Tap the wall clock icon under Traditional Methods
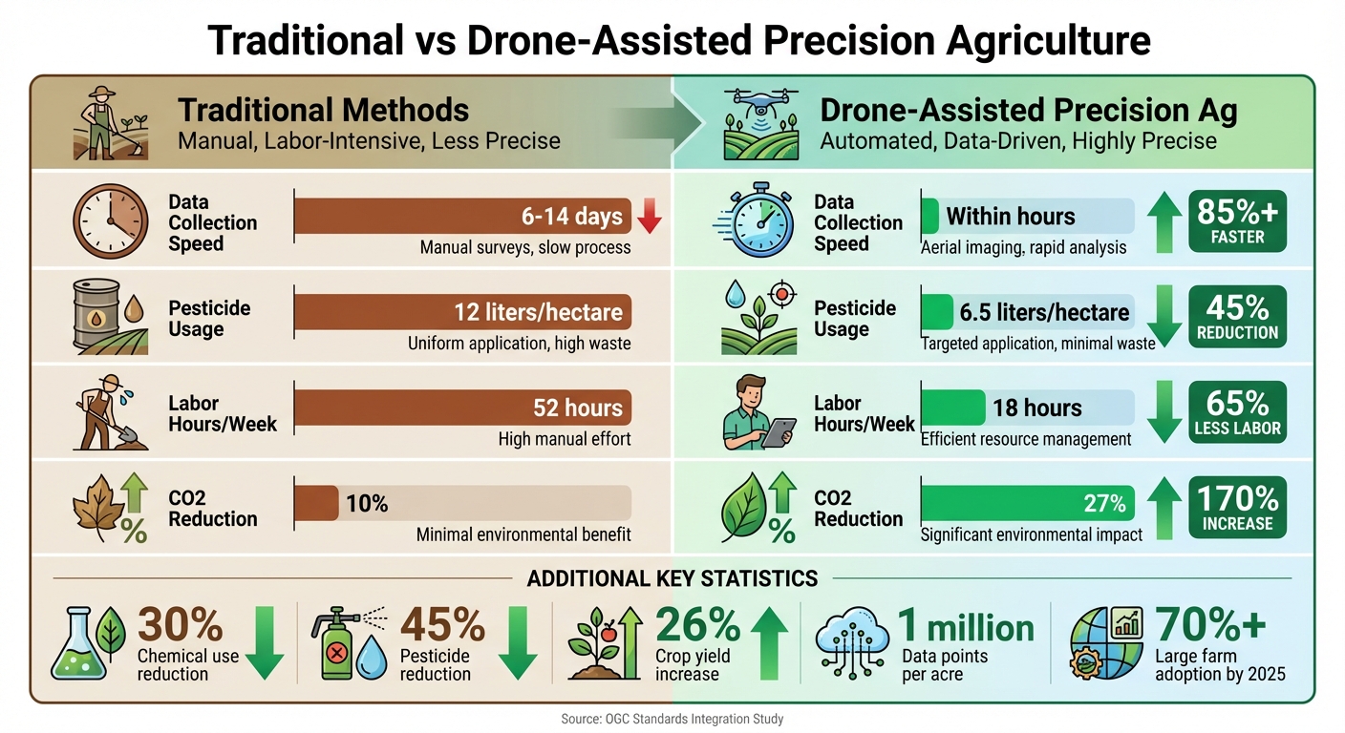coord(111,221)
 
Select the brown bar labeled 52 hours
coord(462,408)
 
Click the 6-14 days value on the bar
coord(571,217)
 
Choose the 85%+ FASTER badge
coord(1237,221)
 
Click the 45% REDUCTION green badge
coord(1237,317)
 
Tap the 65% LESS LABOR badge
coord(1237,412)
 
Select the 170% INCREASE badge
coord(1237,508)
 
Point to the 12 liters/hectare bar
coord(462,312)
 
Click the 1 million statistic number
coord(967,627)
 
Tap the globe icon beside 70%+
coord(1100,641)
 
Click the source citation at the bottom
coord(672,719)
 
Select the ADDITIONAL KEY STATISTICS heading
coord(672,578)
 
